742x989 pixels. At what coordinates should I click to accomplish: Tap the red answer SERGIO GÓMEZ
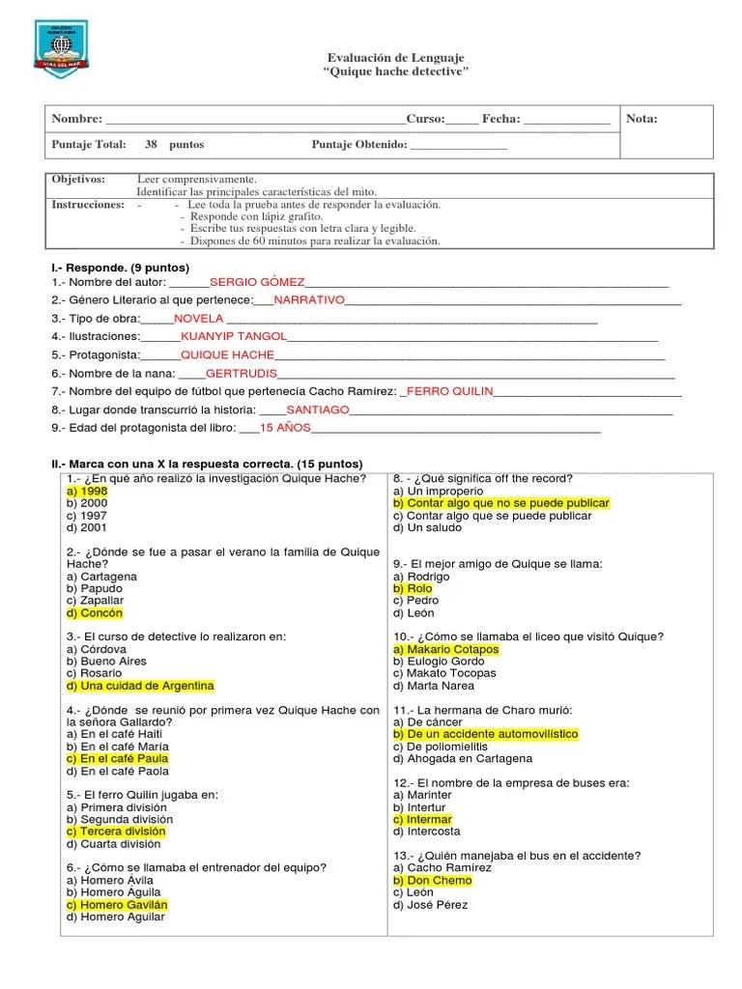tap(257, 282)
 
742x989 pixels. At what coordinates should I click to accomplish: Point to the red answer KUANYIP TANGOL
tap(234, 336)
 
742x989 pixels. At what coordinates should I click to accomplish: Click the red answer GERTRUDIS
tap(242, 373)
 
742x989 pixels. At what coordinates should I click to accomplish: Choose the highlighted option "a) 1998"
tap(87, 492)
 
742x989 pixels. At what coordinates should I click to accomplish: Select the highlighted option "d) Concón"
tap(95, 613)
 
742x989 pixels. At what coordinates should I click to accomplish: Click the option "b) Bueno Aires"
tap(106, 662)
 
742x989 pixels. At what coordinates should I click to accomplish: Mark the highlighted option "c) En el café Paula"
tap(117, 759)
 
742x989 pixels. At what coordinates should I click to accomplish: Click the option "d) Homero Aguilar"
tap(116, 918)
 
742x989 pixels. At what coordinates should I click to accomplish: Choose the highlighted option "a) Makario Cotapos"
tap(446, 650)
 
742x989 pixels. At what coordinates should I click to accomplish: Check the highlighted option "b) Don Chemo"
tap(433, 881)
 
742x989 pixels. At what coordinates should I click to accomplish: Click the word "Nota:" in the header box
tap(642, 119)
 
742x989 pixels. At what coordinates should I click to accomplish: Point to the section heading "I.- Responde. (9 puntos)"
tap(121, 268)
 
